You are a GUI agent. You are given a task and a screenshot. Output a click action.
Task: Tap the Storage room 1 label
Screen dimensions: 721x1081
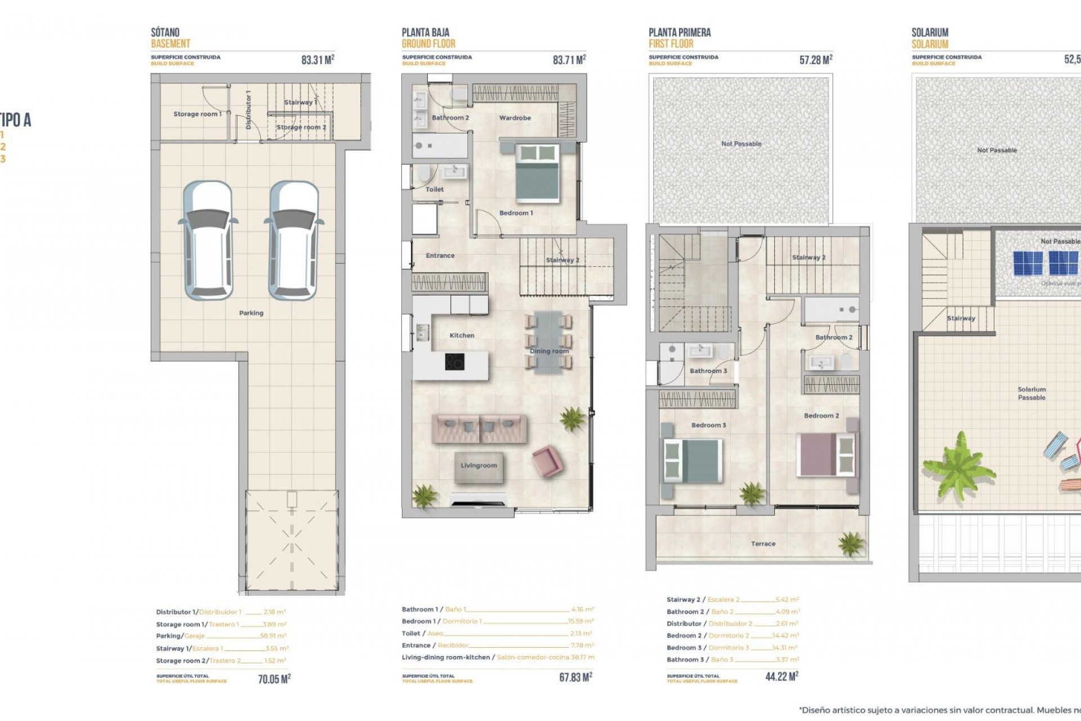pos(197,114)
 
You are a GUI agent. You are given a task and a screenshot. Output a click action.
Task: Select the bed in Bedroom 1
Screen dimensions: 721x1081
pos(537,173)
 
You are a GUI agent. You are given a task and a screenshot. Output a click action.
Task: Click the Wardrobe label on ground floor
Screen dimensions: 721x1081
pos(515,118)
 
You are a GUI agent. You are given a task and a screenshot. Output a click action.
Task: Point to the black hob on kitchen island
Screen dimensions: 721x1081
pos(454,362)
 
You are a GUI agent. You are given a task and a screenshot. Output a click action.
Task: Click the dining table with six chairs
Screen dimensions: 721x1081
pos(548,342)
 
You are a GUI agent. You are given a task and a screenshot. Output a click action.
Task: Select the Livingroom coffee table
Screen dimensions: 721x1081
pos(479,467)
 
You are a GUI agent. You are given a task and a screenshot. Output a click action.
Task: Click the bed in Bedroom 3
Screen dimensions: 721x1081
pos(693,461)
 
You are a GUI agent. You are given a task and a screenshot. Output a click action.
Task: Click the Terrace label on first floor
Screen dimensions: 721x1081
pos(763,544)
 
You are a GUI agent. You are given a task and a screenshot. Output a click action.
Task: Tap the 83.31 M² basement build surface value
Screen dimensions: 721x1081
pos(318,60)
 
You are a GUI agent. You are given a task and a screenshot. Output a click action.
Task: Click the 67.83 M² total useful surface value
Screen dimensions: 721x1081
pos(575,677)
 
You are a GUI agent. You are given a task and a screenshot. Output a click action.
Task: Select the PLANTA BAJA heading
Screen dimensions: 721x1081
pos(426,33)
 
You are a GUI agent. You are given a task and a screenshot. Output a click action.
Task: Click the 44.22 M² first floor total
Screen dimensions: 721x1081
pos(781,677)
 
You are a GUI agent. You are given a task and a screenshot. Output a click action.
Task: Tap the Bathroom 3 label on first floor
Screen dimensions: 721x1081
pos(708,371)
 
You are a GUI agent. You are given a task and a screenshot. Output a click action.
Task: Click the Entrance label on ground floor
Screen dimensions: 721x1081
pos(440,256)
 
